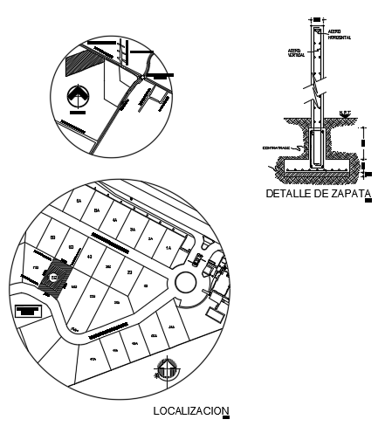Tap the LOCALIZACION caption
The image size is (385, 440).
click(x=189, y=410)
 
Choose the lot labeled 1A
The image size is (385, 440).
click(x=168, y=247)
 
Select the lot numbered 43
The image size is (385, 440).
click(x=90, y=258)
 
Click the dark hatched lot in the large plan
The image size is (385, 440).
click(x=54, y=277)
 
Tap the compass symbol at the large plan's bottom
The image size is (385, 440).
click(x=166, y=372)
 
